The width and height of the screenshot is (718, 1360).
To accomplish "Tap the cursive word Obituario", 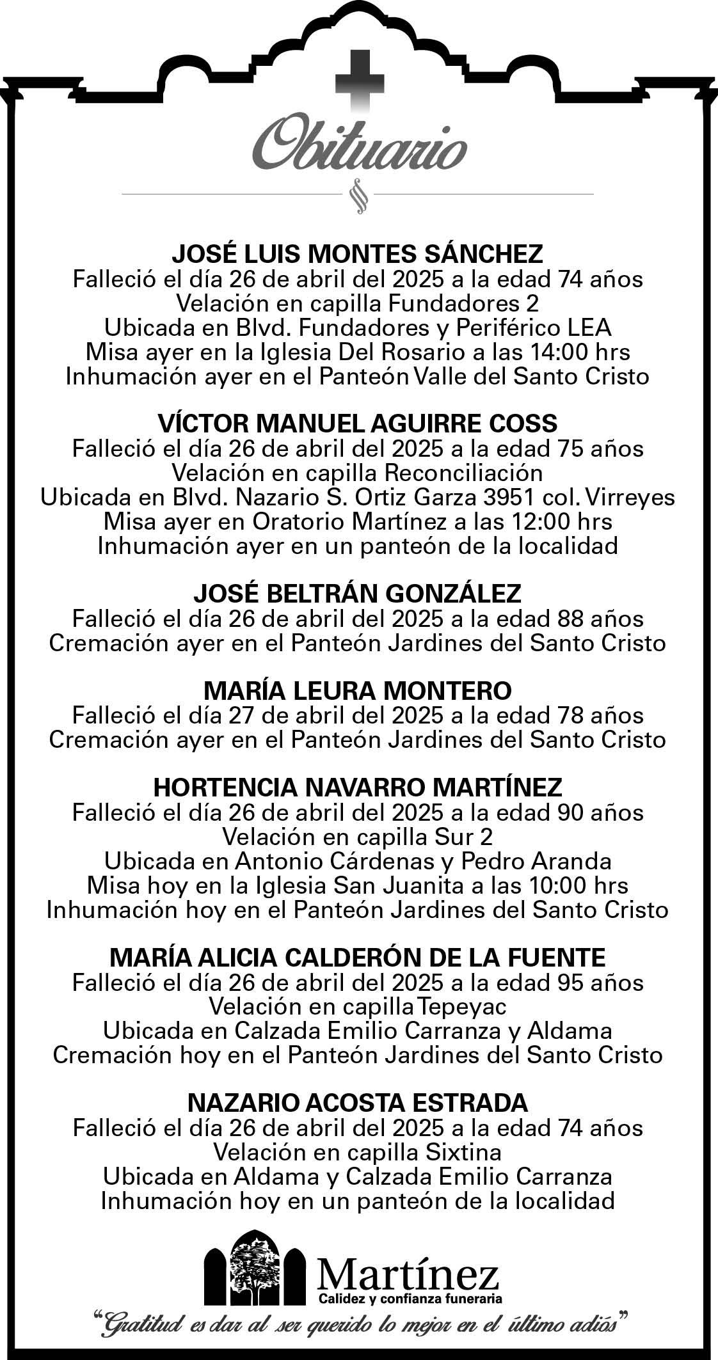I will [358, 146].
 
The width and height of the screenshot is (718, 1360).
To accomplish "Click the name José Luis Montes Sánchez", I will [358, 254].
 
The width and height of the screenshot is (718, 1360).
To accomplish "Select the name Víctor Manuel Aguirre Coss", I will [358, 423].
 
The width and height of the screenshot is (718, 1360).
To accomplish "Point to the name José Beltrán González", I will [358, 594].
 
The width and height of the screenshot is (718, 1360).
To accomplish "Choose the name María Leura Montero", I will [358, 691].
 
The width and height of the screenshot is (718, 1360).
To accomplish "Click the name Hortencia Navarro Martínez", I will [358, 787].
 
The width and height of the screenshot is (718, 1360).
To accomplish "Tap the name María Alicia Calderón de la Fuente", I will [358, 958].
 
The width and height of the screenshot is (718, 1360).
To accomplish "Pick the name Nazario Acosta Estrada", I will [358, 1103].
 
